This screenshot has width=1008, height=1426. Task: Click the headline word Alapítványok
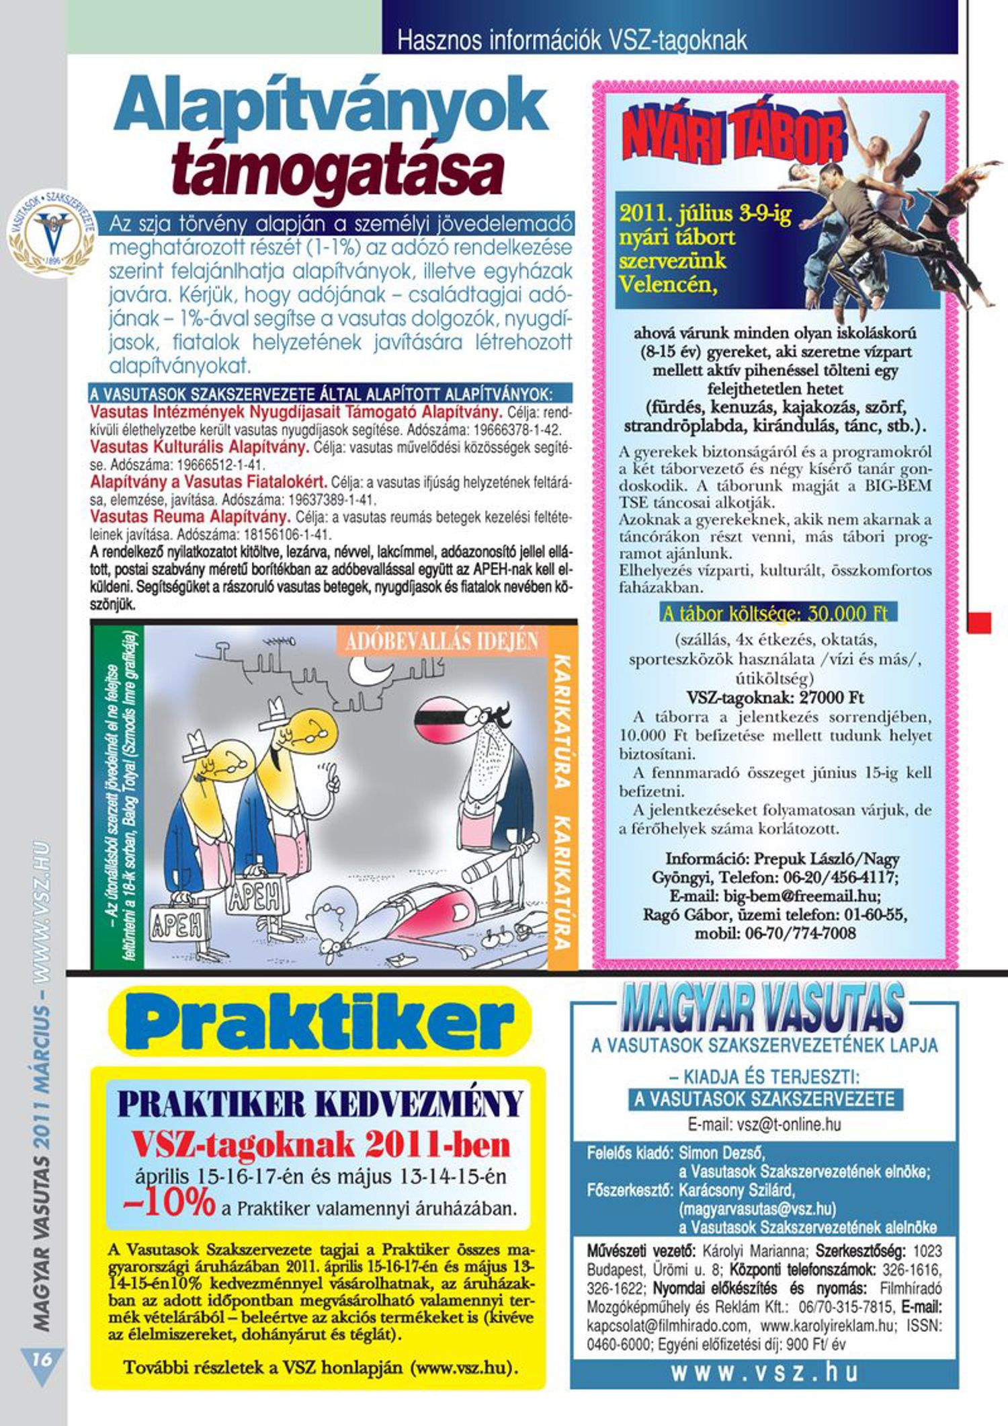[331, 106]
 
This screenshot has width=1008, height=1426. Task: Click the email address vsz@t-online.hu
[764, 1124]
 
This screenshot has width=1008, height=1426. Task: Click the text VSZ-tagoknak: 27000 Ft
[775, 697]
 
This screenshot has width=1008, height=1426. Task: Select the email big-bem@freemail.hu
[775, 896]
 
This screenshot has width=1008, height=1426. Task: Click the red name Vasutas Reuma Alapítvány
[190, 518]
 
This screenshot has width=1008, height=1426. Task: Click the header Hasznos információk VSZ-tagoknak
[572, 41]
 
